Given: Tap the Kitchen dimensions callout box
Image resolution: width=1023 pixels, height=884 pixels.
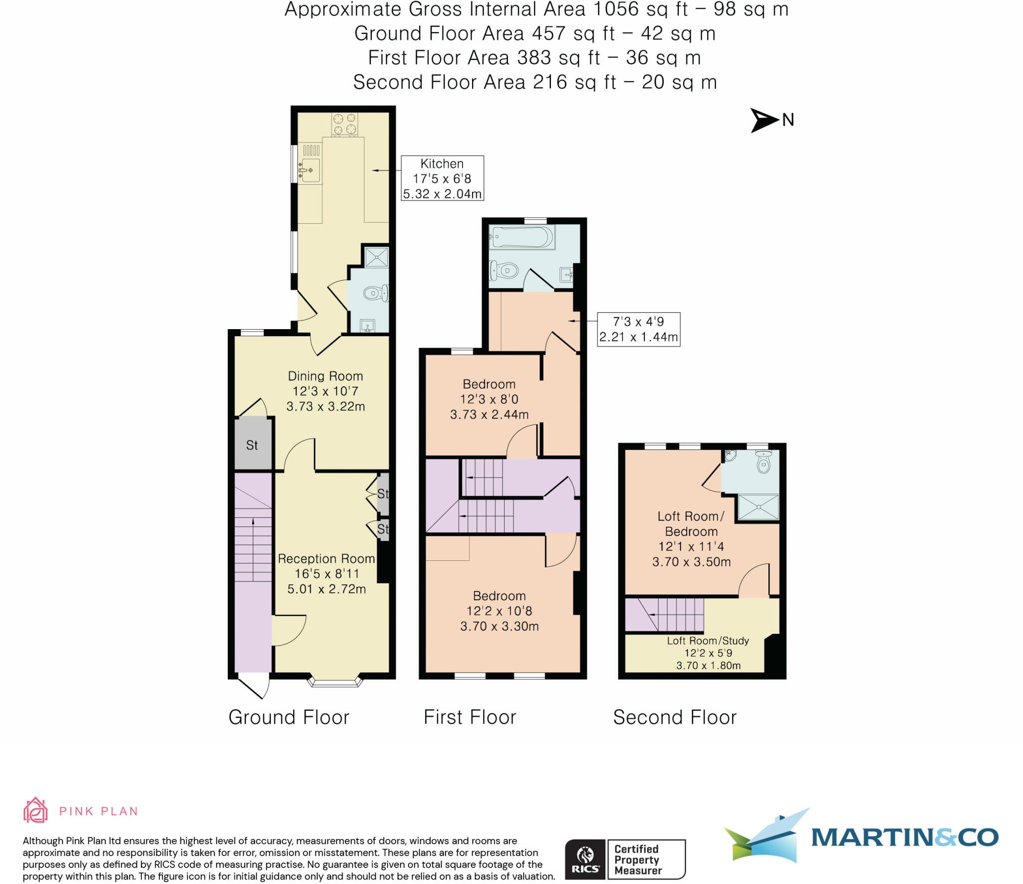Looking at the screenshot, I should coord(442,178).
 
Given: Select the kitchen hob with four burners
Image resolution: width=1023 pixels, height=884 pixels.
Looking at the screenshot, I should coord(345,124).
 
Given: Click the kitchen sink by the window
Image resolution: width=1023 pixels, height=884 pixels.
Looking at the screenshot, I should coord(310,170).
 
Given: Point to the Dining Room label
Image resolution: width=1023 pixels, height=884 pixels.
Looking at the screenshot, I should coord(325,377).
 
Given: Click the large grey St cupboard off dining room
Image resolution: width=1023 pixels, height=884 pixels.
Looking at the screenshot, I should coord(253,444).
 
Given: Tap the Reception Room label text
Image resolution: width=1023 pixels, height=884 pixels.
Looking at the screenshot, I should coord(326,559).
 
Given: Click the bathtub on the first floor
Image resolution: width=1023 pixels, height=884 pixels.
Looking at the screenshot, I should coord(521,237).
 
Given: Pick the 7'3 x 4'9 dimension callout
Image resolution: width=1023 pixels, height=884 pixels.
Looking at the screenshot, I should coord(638,329).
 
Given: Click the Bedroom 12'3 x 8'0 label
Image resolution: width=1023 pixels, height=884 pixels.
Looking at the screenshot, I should coord(489,399).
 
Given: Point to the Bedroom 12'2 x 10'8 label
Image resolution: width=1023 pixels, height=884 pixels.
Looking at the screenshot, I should coord(499,610).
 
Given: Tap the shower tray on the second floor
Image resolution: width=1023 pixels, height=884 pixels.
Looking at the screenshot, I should coord(758,507).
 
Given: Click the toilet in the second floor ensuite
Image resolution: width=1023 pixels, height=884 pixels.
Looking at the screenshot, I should coord(763,463).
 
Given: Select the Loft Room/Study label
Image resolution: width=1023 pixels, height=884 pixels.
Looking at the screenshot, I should coord(708,641).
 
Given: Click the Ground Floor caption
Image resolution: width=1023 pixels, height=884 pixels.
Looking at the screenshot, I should coord(289,718).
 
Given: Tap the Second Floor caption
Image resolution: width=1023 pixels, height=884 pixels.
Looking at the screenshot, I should coord(674,718).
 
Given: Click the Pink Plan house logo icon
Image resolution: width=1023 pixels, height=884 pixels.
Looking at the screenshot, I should coord(35,810).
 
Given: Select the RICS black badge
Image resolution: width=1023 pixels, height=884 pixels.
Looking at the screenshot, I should coord(584,860).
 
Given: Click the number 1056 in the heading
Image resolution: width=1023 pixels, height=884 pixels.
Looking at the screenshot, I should coord(615,9).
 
